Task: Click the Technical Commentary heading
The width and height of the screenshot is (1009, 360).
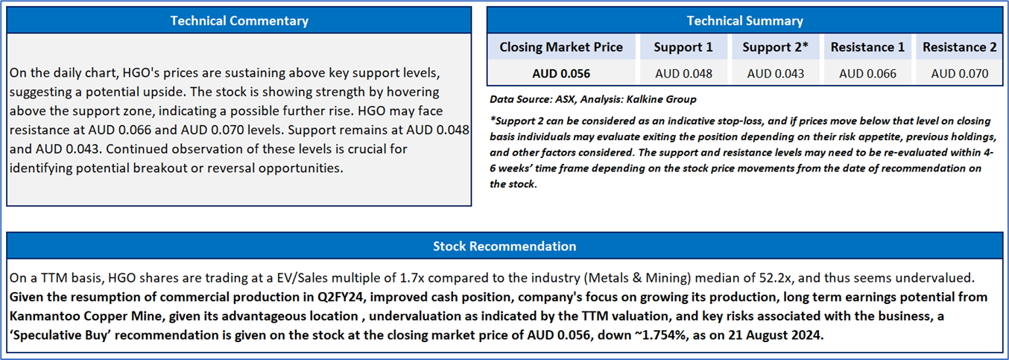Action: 239,21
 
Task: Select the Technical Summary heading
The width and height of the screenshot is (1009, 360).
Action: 744,21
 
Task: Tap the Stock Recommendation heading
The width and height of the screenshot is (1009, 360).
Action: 505,246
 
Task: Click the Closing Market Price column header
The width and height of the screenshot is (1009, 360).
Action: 561,47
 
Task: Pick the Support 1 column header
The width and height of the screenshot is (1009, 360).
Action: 683,47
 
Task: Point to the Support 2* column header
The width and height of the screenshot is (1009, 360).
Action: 775,47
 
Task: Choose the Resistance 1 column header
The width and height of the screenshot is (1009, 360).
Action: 867,47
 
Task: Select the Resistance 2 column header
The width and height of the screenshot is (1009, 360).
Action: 960,47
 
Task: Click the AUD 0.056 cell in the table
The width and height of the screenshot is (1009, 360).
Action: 561,74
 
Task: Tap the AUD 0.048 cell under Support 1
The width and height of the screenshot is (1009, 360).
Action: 683,74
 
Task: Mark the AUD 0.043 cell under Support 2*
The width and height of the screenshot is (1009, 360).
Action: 775,74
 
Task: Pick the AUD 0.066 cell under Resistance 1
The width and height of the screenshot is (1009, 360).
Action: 867,74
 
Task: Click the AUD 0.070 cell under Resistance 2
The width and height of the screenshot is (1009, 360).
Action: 960,74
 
